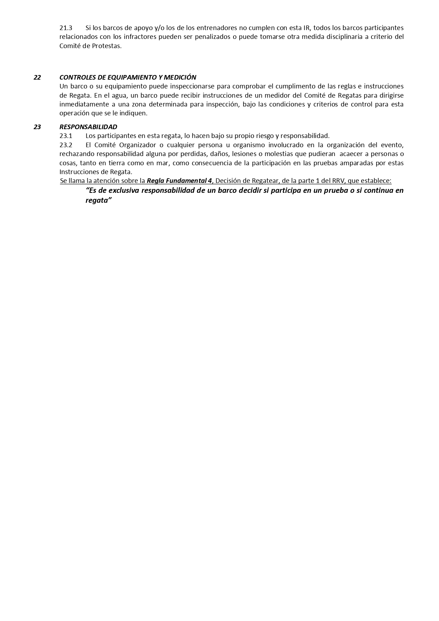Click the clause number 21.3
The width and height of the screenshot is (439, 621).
tap(66, 28)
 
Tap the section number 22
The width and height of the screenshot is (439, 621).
tap(37, 77)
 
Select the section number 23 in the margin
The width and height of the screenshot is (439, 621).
tap(37, 127)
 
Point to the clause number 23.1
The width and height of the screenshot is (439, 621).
tap(66, 136)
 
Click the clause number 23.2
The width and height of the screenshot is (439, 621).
tap(66, 145)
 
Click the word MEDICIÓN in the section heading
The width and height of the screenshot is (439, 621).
tap(180, 77)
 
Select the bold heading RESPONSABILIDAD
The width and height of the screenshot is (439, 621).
tap(88, 127)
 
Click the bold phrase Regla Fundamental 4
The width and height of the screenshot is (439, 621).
tap(179, 181)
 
